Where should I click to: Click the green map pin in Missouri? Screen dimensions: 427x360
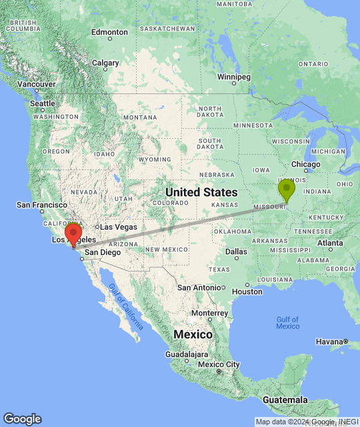tap(287, 189)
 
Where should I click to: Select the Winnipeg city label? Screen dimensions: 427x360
tap(234, 77)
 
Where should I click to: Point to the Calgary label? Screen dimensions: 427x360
tap(105, 63)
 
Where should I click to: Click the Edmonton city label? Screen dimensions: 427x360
tap(109, 32)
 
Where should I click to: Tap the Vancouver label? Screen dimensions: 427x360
tap(37, 84)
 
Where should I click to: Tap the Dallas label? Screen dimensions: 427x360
tap(236, 252)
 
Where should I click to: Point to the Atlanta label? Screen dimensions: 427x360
tap(331, 243)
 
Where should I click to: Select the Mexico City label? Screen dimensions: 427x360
tap(219, 364)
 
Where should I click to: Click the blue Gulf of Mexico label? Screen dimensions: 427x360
tap(287, 322)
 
